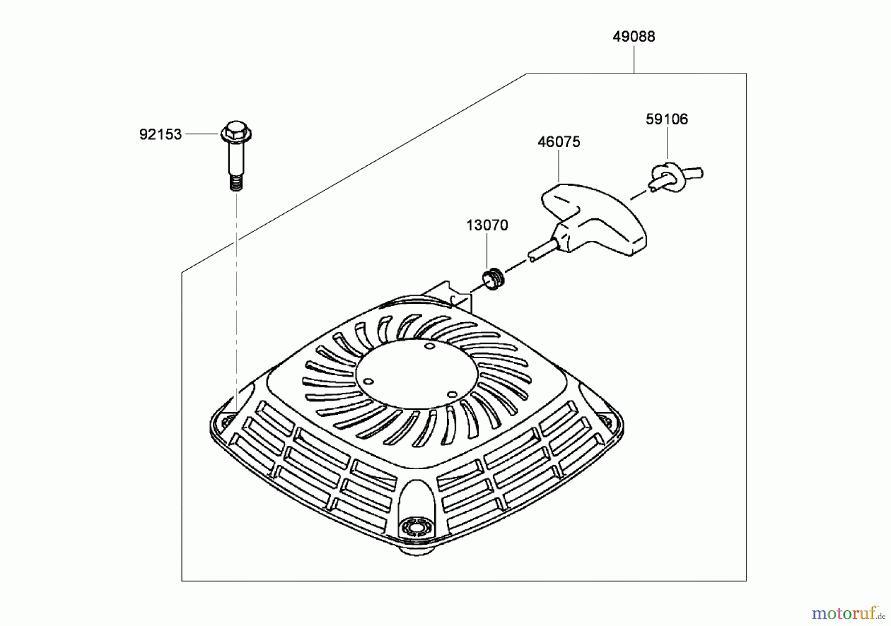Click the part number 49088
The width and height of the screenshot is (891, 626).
(x=634, y=37)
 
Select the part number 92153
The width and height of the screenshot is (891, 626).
(x=160, y=135)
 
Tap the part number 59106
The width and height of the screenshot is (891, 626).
(x=667, y=119)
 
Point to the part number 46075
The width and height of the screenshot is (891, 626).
(x=559, y=142)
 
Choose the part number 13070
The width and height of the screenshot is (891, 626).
(x=487, y=226)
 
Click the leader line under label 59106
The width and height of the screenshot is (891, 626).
(x=667, y=143)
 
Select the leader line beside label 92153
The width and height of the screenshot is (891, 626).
(x=202, y=134)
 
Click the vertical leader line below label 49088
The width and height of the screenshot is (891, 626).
(x=634, y=58)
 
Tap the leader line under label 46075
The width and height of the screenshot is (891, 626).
(x=559, y=165)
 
